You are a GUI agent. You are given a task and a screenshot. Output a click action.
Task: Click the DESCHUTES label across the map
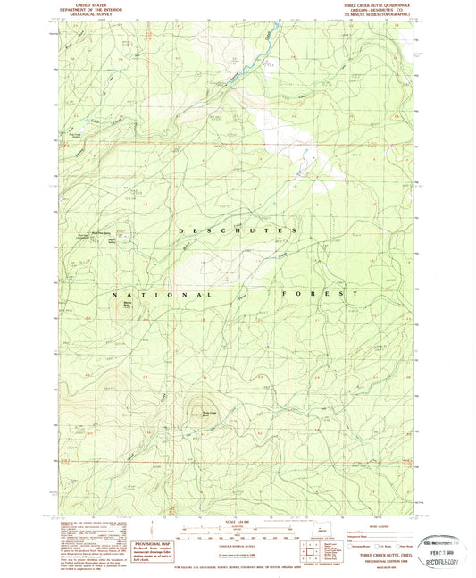237,231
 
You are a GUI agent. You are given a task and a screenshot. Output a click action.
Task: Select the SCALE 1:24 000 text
237,522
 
